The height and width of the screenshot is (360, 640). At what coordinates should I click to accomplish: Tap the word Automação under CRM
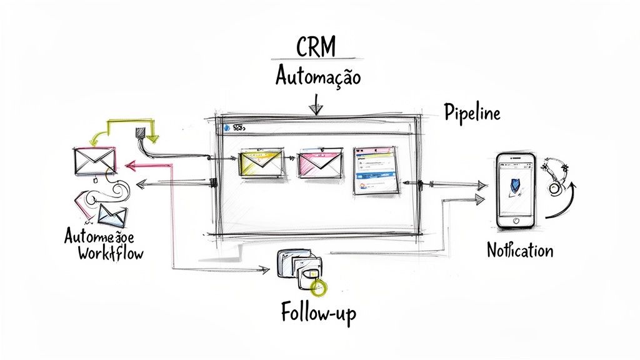point(318,77)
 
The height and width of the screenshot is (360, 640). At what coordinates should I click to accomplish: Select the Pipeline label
point(472,113)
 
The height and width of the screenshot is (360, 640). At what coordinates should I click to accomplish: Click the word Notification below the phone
point(520,251)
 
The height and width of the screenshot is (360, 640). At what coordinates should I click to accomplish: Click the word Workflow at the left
point(110,254)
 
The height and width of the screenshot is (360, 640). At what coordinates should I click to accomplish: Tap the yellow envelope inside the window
point(257,162)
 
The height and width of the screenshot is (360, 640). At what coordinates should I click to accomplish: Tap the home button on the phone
point(516,221)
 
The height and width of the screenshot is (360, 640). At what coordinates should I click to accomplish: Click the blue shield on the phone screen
point(515,185)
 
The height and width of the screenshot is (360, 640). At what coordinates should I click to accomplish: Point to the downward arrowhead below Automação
point(317,109)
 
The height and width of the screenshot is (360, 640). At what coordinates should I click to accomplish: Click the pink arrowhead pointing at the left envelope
point(129,166)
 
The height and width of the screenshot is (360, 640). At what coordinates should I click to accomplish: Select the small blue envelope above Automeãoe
point(112,216)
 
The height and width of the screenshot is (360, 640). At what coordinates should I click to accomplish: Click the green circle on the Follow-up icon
point(319,287)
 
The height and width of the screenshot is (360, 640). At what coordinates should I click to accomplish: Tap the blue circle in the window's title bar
point(226,127)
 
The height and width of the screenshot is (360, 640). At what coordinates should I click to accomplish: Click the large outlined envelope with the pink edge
point(94,161)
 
